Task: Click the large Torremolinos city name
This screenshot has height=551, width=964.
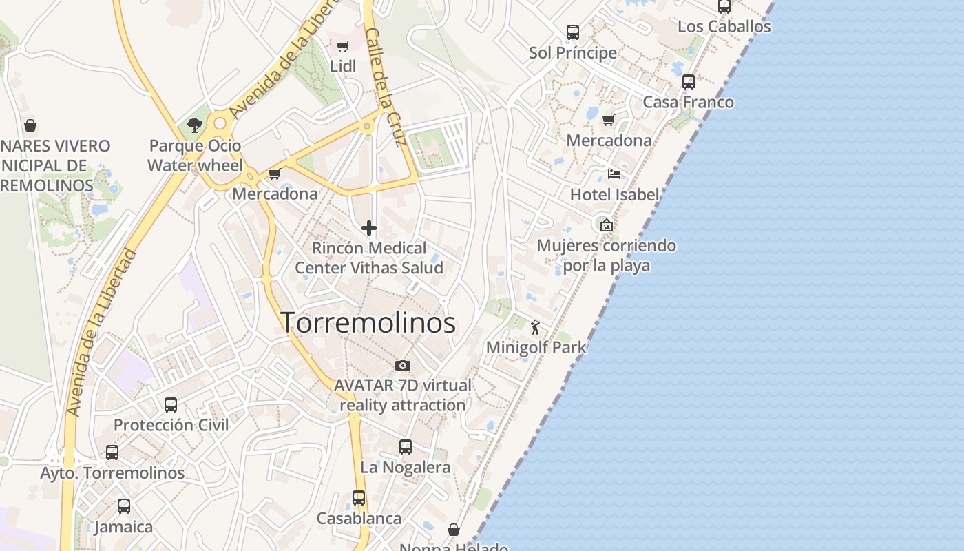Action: (368, 322)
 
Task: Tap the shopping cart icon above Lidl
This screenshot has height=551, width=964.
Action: (342, 46)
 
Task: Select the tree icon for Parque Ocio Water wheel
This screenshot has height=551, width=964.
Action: (195, 125)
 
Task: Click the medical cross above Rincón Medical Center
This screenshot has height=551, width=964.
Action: (369, 228)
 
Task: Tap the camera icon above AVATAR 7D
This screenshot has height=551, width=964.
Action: (403, 365)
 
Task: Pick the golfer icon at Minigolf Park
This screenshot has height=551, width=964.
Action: (536, 327)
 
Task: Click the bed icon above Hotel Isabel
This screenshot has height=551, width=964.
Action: (614, 174)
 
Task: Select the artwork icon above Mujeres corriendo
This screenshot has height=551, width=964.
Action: (607, 225)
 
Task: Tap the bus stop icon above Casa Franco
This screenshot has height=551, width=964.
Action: (688, 82)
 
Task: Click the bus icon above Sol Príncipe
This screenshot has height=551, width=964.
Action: (573, 32)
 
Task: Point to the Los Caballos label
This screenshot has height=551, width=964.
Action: (724, 27)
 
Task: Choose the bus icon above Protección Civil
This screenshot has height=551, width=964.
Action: (171, 405)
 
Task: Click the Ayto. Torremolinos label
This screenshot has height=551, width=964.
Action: (112, 473)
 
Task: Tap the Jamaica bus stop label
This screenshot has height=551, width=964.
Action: (123, 527)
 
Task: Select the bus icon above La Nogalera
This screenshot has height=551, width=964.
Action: (406, 447)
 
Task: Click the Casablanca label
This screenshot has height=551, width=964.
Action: (359, 518)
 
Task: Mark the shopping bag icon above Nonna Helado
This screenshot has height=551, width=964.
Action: (454, 530)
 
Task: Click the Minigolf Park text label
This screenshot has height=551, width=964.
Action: (536, 347)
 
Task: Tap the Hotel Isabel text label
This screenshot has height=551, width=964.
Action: (614, 195)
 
